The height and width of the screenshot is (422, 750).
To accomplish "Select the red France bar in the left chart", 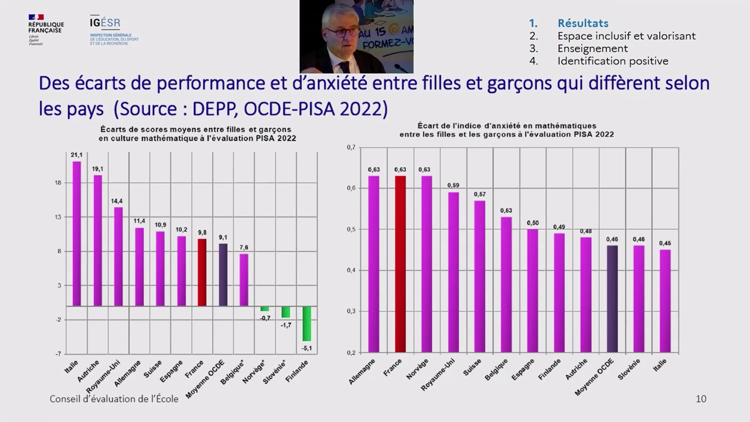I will (x=202, y=272).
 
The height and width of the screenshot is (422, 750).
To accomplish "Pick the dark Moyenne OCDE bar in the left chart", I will (x=223, y=274).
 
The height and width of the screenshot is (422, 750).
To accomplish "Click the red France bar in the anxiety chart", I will (x=400, y=264).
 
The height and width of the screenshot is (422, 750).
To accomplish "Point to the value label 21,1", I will (x=77, y=155).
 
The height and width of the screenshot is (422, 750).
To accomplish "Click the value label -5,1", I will (x=306, y=348).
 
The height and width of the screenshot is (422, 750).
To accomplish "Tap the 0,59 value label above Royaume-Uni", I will (x=454, y=186).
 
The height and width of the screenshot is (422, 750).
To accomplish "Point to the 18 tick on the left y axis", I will (x=57, y=183).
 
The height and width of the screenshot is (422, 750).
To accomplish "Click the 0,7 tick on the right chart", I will (x=351, y=147).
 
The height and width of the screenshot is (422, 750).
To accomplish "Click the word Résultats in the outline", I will (x=582, y=23).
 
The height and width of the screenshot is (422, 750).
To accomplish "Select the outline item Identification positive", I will (x=612, y=61).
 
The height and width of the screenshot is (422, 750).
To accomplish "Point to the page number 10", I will (x=701, y=399).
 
